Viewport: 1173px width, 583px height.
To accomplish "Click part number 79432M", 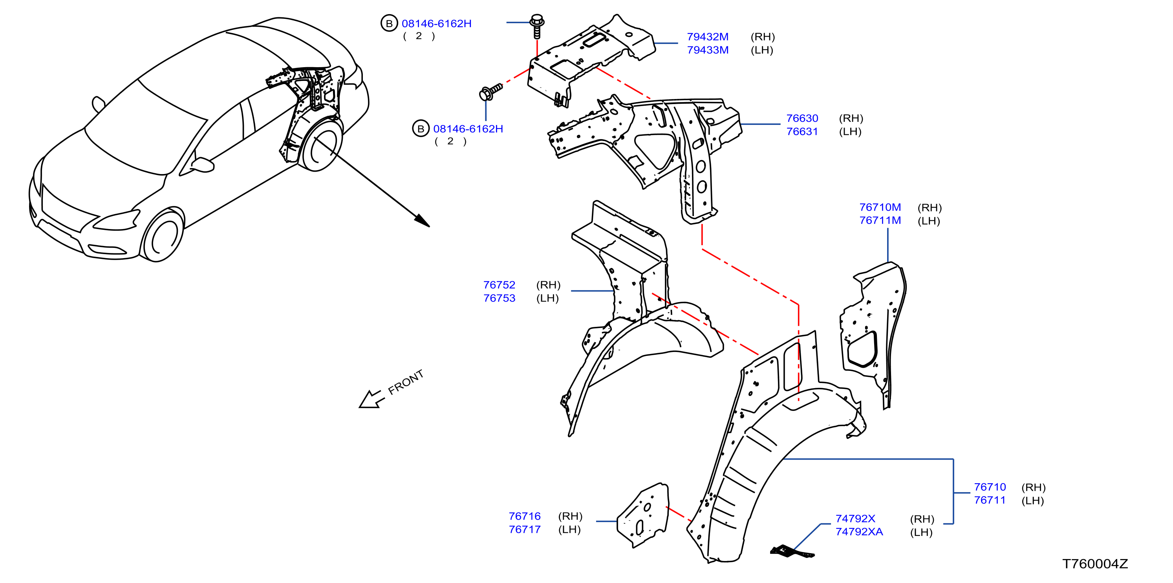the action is click(x=708, y=37).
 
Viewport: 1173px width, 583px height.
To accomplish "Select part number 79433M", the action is click(x=708, y=50).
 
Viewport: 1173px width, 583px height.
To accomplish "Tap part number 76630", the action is click(x=802, y=118).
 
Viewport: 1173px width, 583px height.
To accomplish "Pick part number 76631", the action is click(x=802, y=132).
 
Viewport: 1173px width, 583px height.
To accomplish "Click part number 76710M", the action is click(x=880, y=207).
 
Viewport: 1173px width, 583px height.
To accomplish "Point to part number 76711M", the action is click(x=880, y=220).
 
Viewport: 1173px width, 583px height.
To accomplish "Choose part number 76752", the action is click(x=499, y=285).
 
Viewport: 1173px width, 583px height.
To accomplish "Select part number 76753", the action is click(x=499, y=298).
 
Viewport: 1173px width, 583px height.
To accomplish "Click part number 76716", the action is click(x=525, y=517).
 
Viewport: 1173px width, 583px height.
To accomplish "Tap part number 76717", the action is click(x=525, y=530).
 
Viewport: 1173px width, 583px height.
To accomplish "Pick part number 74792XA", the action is click(x=859, y=532).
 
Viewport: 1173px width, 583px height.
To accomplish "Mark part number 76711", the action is click(x=990, y=500).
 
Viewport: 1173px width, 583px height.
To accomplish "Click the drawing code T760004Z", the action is click(x=1095, y=564).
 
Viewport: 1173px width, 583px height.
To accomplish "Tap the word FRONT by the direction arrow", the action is click(x=405, y=382).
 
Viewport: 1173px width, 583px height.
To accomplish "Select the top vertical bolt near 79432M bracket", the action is click(x=537, y=26).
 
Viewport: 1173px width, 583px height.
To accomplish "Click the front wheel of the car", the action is click(x=162, y=235).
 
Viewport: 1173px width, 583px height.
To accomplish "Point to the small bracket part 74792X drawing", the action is click(x=791, y=552).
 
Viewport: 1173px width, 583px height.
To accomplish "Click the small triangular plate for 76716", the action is click(x=642, y=515).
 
